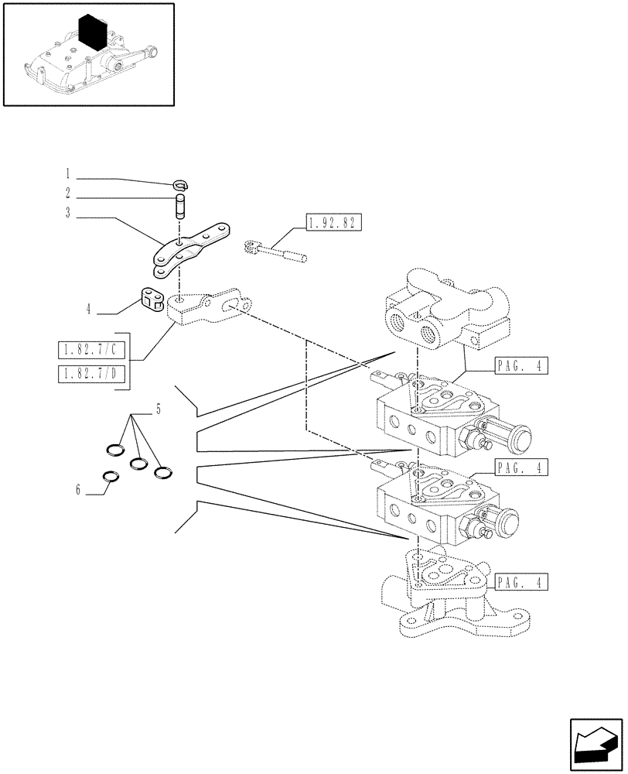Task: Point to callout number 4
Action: point(89,309)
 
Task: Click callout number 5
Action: point(159,409)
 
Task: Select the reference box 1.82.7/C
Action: point(90,350)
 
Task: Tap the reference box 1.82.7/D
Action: point(90,375)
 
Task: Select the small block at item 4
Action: point(151,299)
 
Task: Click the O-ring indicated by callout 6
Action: point(111,478)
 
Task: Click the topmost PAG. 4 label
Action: point(519,367)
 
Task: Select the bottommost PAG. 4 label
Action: point(519,580)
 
